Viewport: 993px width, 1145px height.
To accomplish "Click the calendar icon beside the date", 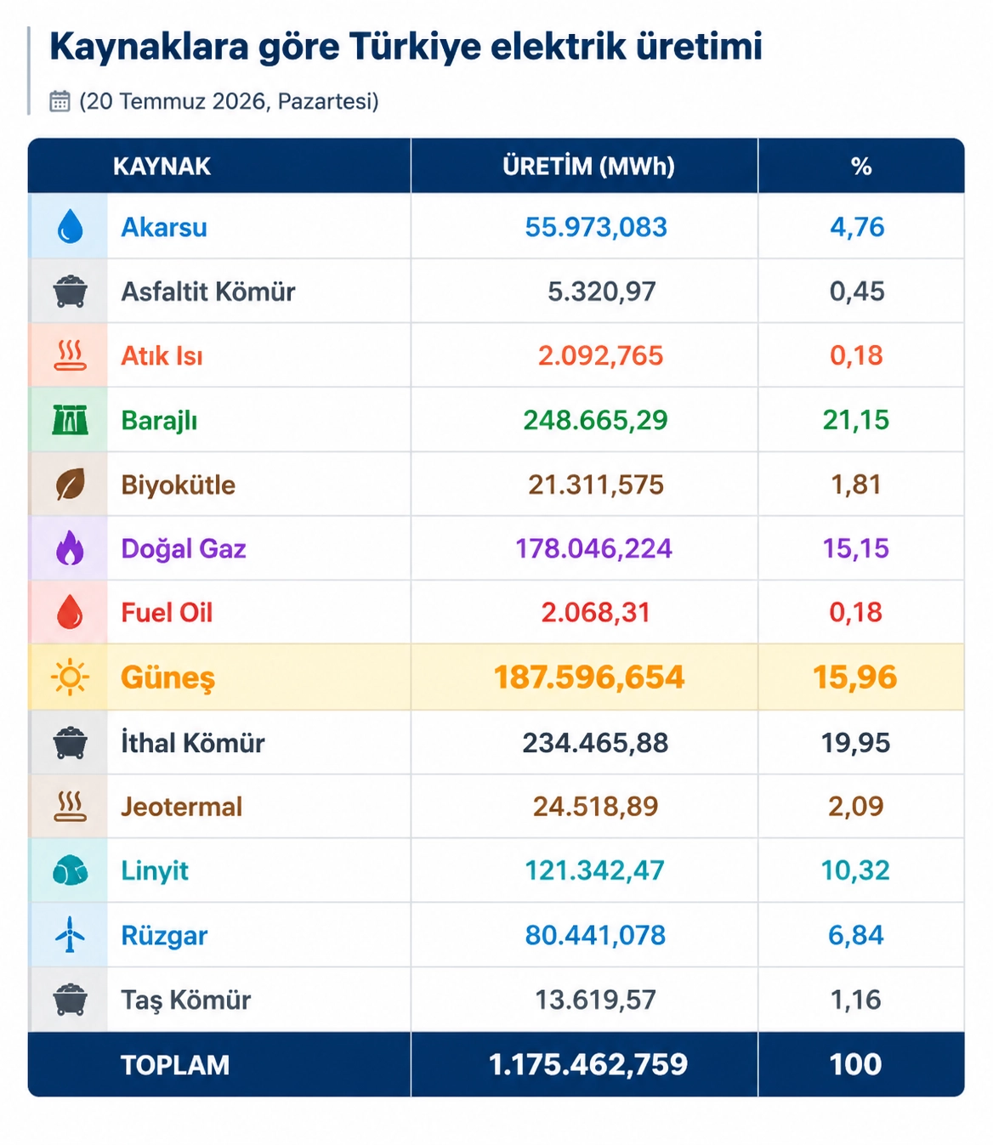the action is coord(60,101).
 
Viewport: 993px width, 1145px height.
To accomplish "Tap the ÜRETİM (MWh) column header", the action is coord(588,167).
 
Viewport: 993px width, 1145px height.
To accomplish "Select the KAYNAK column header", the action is coord(162,167).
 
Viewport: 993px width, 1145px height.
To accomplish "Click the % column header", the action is coord(861,167).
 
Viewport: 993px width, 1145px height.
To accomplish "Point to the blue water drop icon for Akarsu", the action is coord(70,226).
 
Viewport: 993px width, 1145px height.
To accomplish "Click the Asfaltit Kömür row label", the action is coord(207,292).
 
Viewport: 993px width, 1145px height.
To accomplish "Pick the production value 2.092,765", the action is coord(601,355).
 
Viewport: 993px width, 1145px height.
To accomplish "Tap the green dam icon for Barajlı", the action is coord(70,419).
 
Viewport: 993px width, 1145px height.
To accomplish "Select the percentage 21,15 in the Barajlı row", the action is coord(855,420).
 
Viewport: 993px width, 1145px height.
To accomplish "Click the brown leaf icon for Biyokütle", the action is coord(70,484).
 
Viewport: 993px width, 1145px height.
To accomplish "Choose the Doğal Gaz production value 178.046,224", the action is coord(594,548).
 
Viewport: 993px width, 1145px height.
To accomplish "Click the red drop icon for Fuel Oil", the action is coord(70,611).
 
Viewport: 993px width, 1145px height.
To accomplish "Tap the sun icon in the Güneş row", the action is coord(70,677).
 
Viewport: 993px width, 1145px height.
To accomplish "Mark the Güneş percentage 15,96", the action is coord(855,677).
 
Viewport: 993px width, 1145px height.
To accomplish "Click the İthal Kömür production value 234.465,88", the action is coord(595,743).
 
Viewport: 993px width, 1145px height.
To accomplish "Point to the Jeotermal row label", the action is coord(182,807).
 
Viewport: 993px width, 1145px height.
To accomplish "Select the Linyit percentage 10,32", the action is coord(855,870).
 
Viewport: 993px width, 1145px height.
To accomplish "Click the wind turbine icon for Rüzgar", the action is coord(70,934).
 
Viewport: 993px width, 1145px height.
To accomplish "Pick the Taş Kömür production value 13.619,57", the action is coord(595,1000).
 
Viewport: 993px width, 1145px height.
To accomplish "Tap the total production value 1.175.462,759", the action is coord(588,1064).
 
